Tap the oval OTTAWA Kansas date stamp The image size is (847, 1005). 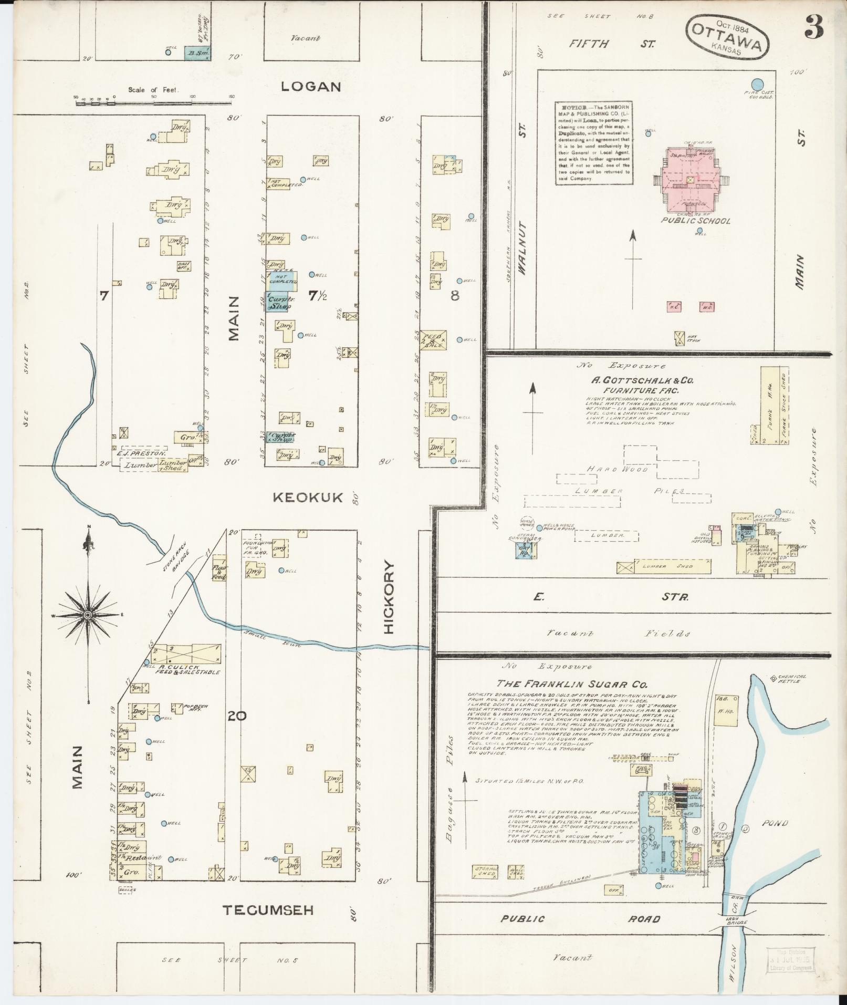727,37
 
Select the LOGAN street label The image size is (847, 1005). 311,87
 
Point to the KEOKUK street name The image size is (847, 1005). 308,497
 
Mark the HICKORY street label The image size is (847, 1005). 389,597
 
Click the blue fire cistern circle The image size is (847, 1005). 757,84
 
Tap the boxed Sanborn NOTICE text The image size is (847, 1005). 594,142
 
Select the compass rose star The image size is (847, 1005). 88,615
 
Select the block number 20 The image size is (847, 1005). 234,715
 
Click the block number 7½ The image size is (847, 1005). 317,296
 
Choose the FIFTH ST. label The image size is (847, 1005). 612,44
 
